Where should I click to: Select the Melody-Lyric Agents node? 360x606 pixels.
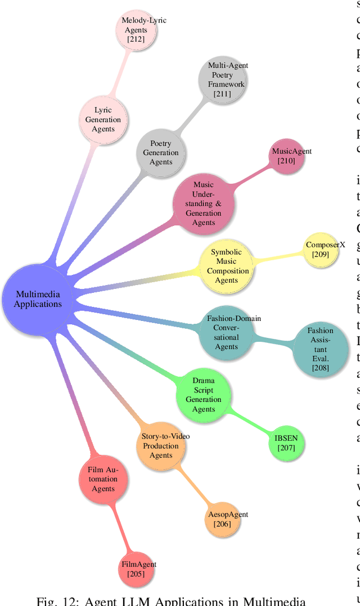pyautogui.click(x=136, y=30)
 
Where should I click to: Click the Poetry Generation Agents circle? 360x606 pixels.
pyautogui.click(x=161, y=152)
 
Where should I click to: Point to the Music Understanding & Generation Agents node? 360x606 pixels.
pyautogui.click(x=203, y=203)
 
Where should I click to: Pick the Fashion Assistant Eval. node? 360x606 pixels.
pyautogui.click(x=320, y=349)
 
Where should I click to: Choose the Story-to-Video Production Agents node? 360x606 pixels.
pyautogui.click(x=161, y=446)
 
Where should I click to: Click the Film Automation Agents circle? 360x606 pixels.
pyautogui.click(x=103, y=478)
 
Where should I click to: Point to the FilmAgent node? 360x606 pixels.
pyautogui.click(x=136, y=569)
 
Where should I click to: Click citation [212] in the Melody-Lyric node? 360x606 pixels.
pyautogui.click(x=136, y=39)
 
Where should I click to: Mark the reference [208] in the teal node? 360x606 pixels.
pyautogui.click(x=320, y=368)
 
